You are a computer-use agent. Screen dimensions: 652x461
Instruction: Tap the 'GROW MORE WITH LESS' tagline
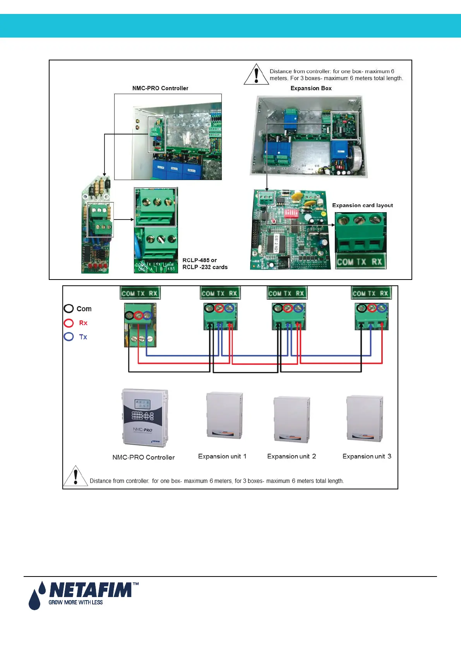pyautogui.click(x=75, y=602)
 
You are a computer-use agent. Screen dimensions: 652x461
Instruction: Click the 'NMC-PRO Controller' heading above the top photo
pyautogui.click(x=160, y=88)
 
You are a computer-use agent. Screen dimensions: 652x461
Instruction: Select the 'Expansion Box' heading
pyautogui.click(x=311, y=88)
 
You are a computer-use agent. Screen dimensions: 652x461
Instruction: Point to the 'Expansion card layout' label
pyautogui.click(x=362, y=205)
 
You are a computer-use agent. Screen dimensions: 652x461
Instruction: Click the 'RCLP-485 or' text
pyautogui.click(x=199, y=260)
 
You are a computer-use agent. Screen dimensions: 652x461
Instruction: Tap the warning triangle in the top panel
pyautogui.click(x=256, y=74)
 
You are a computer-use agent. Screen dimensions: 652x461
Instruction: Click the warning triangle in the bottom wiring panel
pyautogui.click(x=75, y=476)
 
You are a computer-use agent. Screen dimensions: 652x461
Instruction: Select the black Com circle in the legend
pyautogui.click(x=69, y=309)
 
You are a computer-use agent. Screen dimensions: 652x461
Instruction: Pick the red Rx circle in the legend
pyautogui.click(x=69, y=323)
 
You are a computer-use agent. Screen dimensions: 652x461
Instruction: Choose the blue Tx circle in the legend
pyautogui.click(x=69, y=336)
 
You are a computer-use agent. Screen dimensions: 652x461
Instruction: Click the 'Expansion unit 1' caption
pyautogui.click(x=222, y=456)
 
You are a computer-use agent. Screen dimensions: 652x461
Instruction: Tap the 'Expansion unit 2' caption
pyautogui.click(x=291, y=456)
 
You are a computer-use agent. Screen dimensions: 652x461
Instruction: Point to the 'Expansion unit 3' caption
pyautogui.click(x=367, y=456)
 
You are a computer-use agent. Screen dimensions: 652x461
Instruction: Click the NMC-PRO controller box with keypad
pyautogui.click(x=144, y=418)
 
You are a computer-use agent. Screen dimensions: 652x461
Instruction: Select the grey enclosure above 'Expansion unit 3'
pyautogui.click(x=365, y=419)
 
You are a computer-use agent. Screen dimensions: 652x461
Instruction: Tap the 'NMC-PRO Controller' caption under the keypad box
pyautogui.click(x=143, y=457)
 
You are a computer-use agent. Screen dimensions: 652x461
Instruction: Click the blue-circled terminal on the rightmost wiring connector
pyautogui.click(x=382, y=308)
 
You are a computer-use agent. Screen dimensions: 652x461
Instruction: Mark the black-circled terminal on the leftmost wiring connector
pyautogui.click(x=129, y=316)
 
